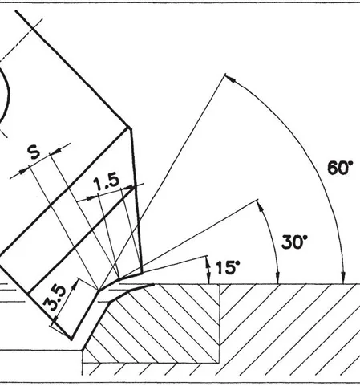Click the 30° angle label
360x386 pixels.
click(x=294, y=242)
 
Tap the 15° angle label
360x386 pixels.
click(x=228, y=267)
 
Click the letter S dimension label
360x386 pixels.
click(x=34, y=152)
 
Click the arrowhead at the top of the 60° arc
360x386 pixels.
click(x=230, y=79)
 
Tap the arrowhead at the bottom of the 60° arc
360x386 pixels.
click(x=343, y=278)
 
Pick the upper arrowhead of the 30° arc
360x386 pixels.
click(x=260, y=205)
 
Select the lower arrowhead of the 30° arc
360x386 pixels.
click(x=278, y=278)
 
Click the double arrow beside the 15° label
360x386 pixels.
click(x=208, y=270)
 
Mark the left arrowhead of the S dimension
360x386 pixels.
click(x=23, y=172)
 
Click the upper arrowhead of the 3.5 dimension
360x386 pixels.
click(x=75, y=285)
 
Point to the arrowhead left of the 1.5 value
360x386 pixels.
click(x=91, y=198)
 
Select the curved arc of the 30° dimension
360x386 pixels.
click(x=273, y=239)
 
